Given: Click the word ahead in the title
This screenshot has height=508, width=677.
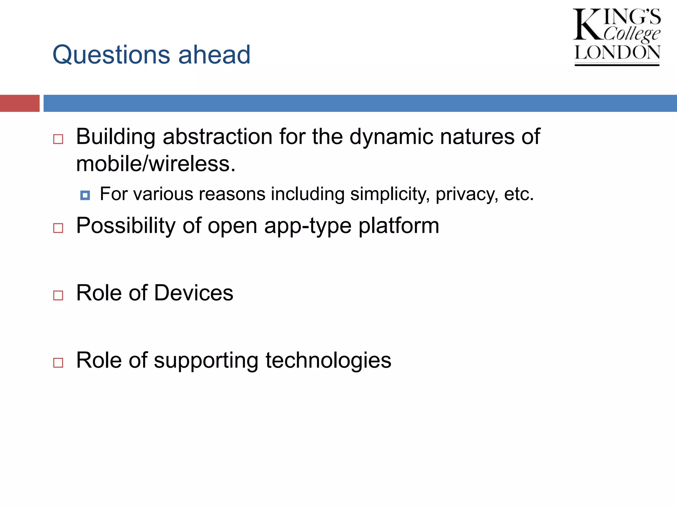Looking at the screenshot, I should pos(214,55).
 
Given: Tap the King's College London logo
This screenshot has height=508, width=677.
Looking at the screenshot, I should pos(617,37).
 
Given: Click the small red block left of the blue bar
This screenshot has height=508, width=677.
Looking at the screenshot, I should pos(20,103).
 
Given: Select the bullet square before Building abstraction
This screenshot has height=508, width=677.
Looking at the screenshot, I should pos(58,139).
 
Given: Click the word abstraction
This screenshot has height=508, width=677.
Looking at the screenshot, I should pos(218,137).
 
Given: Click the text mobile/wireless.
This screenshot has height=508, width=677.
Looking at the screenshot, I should pos(155,164).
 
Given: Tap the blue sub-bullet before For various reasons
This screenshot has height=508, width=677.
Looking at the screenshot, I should pos(85,195).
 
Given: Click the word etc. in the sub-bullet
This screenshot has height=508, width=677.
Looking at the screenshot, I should pos(518,194).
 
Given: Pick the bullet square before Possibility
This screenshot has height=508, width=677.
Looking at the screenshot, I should pos(58,228).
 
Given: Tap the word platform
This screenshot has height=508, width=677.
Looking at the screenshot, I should pos(399,226).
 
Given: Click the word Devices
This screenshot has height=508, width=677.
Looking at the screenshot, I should pos(194,293).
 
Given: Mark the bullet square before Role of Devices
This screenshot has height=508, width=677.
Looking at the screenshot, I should pos(58,295).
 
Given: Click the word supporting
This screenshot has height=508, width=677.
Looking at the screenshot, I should pos(206,360).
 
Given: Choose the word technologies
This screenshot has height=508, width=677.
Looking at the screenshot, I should pos(328,360).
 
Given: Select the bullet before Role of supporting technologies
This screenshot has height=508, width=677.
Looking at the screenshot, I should pos(58,362).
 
